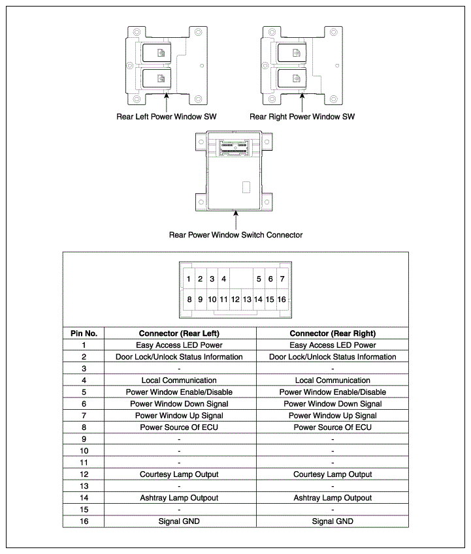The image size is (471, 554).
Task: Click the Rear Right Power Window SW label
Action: (302, 117)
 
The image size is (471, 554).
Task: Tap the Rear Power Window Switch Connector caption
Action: (236, 235)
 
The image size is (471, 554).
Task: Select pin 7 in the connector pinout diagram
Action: (282, 279)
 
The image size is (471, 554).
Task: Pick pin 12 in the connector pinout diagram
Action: (235, 300)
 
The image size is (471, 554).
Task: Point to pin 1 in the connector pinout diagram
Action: (188, 279)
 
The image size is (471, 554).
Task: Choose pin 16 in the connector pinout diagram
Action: (282, 300)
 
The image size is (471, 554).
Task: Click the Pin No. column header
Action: (84, 333)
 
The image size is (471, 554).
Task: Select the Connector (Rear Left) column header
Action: (179, 333)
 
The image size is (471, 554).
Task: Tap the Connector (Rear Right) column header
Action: (333, 333)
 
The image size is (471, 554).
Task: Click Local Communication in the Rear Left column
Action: (179, 380)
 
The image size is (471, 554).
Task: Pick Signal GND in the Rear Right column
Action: (333, 521)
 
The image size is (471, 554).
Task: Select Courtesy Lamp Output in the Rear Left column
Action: (179, 474)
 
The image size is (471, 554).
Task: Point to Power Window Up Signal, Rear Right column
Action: (333, 416)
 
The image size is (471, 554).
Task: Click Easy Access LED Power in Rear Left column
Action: (179, 345)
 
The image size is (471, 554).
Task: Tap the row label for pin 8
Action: (84, 427)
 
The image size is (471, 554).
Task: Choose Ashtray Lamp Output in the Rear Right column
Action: (333, 498)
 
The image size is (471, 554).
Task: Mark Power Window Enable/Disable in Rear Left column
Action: (179, 392)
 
